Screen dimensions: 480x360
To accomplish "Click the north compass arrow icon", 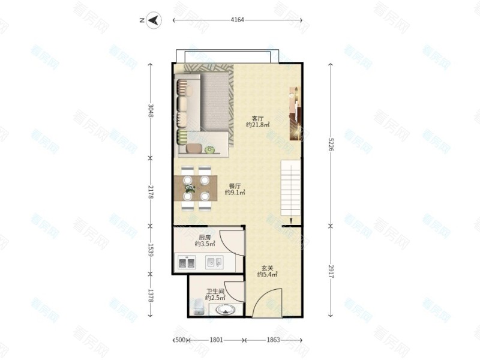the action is (154, 20).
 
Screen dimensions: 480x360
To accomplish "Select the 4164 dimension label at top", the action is (237, 20).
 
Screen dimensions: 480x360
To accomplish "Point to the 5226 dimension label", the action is (331, 144).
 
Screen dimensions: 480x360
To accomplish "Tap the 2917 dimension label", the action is (331, 271).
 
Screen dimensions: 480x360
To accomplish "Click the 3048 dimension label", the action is (151, 110).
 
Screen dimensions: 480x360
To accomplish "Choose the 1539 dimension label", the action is (151, 250).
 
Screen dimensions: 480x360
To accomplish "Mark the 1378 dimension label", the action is (151, 295).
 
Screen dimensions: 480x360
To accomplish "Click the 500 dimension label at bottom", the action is (181, 340).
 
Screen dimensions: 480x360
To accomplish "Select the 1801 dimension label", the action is (216, 340).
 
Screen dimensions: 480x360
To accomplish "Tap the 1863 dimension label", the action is (273, 340).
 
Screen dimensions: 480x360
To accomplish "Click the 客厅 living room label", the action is (258, 118).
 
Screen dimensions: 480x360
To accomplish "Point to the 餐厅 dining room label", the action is (235, 186).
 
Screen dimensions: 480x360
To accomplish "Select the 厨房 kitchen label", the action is (205, 237).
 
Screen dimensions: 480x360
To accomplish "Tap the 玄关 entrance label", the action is (267, 268).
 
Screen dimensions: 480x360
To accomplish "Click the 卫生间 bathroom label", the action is (215, 292).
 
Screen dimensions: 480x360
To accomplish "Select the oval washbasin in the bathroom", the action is (226, 310).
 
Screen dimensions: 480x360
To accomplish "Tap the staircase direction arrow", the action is (291, 221).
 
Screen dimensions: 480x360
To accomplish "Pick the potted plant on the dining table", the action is (190, 188).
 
